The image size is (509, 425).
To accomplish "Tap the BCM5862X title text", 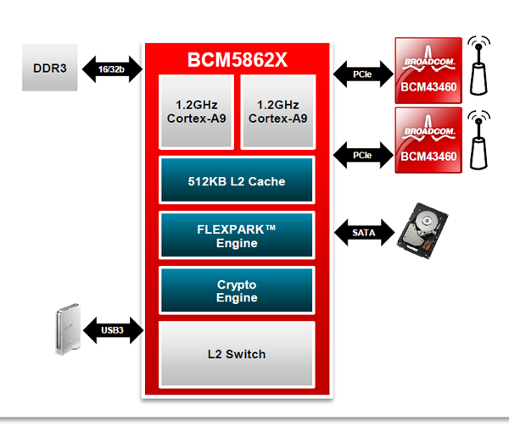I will [238, 60].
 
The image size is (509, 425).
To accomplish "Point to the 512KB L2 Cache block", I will [237, 181].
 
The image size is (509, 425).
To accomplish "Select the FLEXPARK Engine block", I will [237, 236].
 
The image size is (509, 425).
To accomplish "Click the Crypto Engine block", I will [237, 290].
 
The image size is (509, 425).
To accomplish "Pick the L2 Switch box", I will [237, 353].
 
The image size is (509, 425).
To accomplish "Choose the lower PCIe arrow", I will [361, 155].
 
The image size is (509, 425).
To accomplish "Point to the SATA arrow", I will [361, 230].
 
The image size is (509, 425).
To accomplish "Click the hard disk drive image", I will [430, 228].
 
